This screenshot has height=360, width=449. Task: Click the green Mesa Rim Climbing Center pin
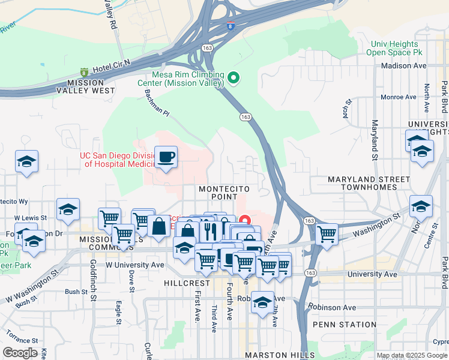234,78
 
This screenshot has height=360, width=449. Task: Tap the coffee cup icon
166,158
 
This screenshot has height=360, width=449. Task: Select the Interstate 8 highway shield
231,26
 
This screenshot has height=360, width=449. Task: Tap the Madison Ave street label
403,65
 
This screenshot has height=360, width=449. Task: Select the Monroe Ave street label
399,97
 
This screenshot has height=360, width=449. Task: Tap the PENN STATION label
344,324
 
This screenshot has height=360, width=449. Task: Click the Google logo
20,353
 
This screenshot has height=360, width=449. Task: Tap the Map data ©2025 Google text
412,355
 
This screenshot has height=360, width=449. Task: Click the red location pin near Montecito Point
244,221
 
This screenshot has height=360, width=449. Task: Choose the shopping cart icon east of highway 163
327,234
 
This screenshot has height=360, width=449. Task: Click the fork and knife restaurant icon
208,229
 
